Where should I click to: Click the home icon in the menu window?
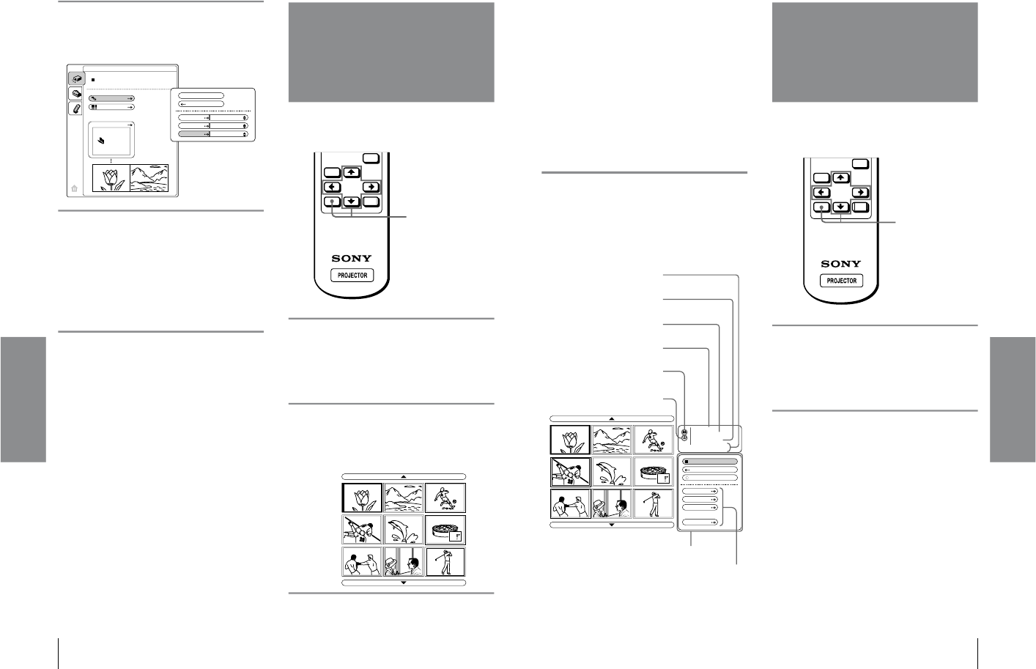coord(74,188)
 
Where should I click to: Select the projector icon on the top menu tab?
coord(75,78)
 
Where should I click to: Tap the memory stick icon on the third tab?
coord(75,108)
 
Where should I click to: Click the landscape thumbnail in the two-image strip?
coord(149,178)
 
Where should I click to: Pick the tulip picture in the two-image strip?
coord(111,178)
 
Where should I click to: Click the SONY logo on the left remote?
coord(352,258)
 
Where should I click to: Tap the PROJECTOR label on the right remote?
coord(841,281)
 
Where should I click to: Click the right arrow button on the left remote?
coord(371,187)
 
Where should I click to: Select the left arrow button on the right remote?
coord(821,193)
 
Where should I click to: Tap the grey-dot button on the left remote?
coord(333,202)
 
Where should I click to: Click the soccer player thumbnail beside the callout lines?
coord(653,440)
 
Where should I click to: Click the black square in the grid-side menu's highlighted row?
coord(686,462)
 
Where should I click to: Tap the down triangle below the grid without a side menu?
coord(404,583)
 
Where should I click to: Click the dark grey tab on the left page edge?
coord(23,399)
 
